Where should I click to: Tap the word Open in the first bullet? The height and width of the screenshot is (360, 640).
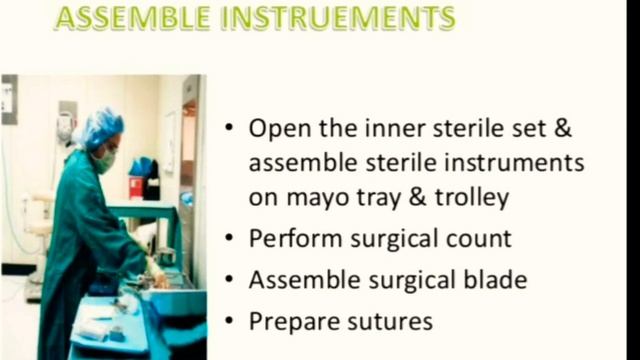click(x=274, y=129)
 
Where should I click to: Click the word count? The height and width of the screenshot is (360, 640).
click(x=476, y=240)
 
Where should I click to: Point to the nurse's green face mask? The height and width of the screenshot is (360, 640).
click(x=106, y=160)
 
